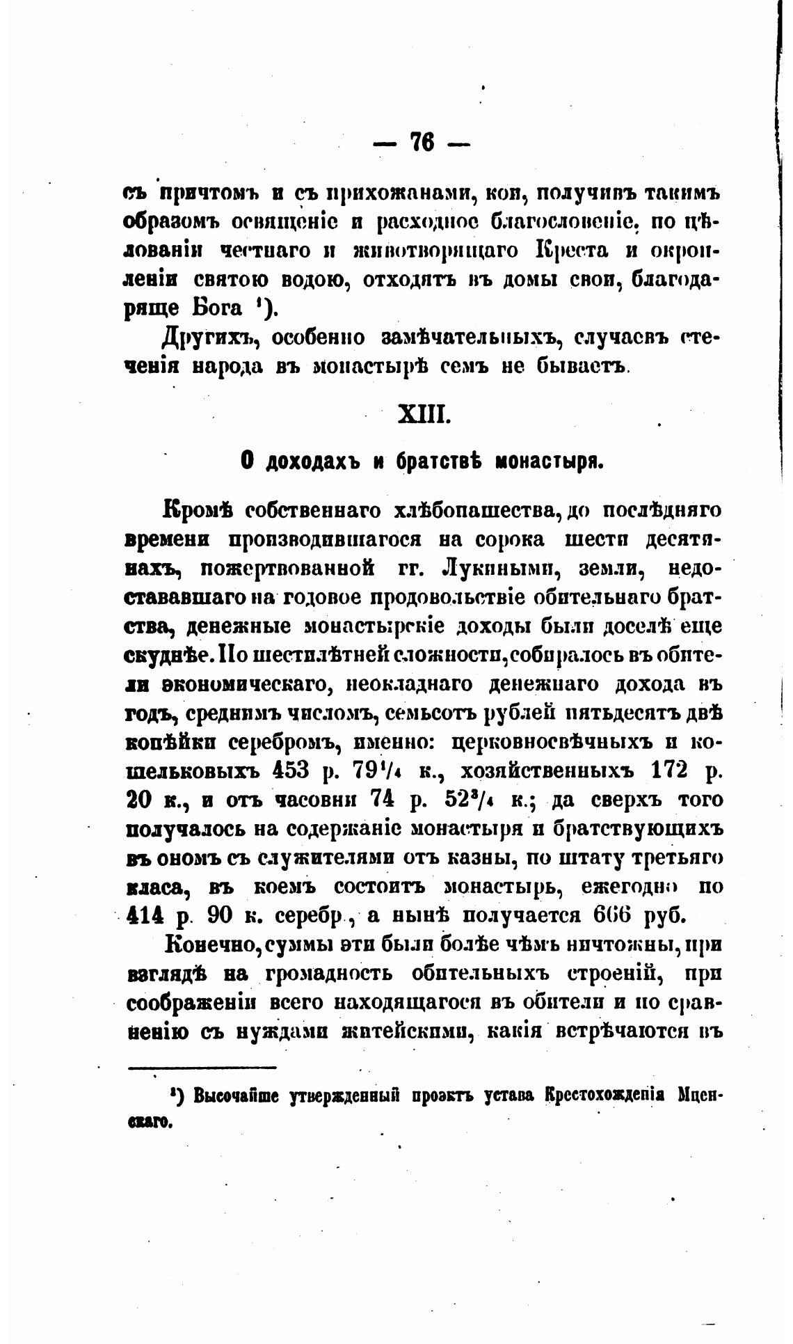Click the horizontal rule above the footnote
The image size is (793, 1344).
coord(202,1068)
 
